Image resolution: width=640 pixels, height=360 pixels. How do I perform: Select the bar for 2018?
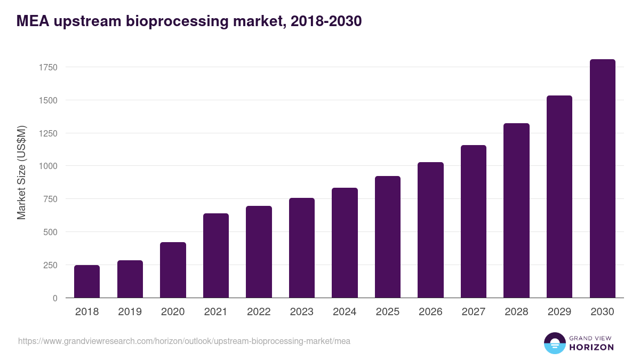coord(87,282)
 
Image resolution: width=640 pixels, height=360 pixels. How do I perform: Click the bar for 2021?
coord(216,255)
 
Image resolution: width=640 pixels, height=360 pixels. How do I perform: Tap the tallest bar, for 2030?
coord(602,179)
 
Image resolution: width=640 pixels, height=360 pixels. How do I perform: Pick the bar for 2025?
coord(388,237)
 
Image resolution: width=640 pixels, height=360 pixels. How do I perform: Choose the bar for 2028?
coord(516,211)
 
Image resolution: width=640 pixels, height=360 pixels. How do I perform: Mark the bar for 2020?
coord(173,270)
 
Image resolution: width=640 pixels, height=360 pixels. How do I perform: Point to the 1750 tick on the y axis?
coord(47,68)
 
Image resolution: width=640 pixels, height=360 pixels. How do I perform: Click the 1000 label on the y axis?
coord(47,166)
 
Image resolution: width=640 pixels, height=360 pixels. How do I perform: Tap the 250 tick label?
coord(50,265)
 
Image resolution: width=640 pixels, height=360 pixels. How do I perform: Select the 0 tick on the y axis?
coord(54,298)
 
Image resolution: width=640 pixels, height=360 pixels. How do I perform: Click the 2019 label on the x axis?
coord(130,312)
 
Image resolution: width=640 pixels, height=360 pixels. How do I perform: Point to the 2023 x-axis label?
coord(302,312)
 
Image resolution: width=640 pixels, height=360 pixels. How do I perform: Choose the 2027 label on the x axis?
coord(474,312)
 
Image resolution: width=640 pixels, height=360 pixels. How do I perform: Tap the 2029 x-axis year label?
coord(559,312)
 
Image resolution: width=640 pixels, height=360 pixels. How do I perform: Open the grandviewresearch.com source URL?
coord(184,341)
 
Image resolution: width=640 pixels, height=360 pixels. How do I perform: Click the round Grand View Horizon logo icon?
coord(554,343)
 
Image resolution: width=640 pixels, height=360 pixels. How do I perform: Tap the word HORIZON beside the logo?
coord(591,347)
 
